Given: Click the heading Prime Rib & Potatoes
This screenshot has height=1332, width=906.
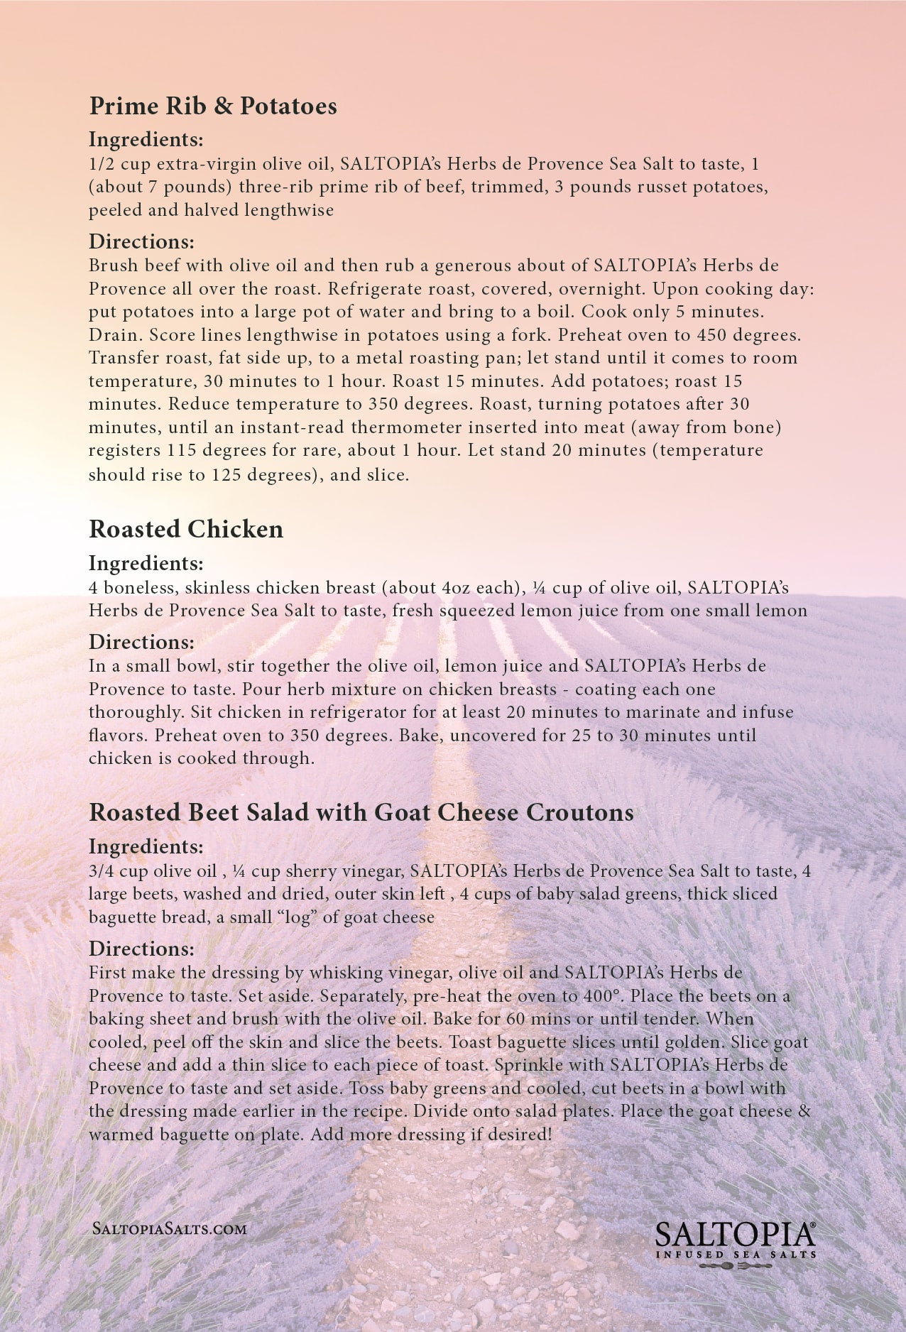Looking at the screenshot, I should [213, 106].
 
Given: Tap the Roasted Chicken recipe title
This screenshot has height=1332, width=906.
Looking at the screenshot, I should [186, 529].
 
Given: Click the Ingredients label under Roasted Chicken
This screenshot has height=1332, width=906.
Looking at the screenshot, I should [146, 563].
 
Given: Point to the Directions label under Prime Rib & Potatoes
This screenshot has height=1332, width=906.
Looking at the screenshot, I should [141, 241].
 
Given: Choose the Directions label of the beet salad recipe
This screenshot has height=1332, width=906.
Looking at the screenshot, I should [141, 949].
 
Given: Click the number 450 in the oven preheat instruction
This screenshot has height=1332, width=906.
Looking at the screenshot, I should [712, 334].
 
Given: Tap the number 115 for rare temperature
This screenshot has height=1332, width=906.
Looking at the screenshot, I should [182, 450].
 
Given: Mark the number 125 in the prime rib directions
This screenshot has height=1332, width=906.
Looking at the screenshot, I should [226, 474].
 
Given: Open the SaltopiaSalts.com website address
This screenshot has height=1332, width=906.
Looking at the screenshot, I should [170, 1229].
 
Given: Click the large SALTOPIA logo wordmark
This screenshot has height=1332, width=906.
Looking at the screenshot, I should [734, 1236].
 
